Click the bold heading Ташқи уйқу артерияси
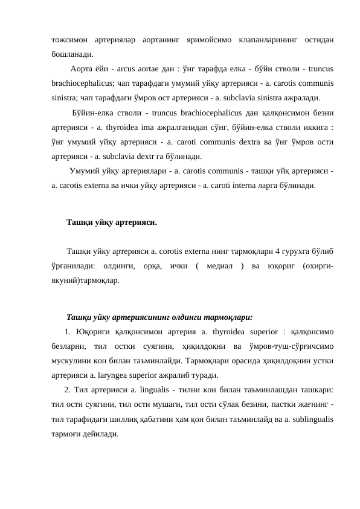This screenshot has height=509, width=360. pyautogui.click(x=112, y=223)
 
